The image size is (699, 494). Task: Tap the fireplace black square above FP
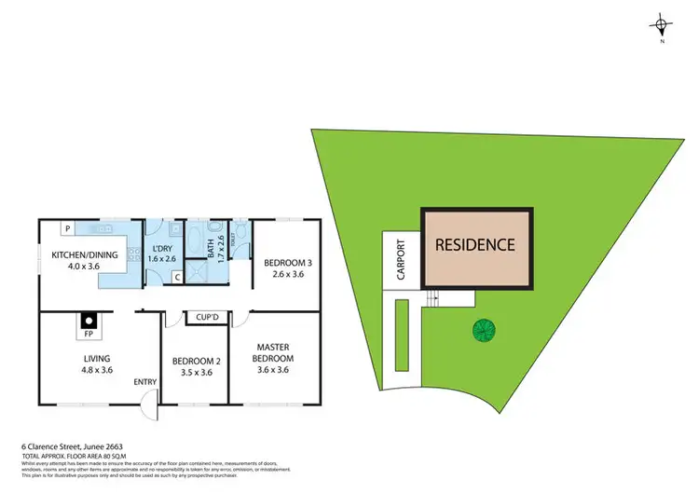88,318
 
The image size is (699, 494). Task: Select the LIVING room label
97,358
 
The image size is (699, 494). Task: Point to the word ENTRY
145,381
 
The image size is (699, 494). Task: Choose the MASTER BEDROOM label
275,352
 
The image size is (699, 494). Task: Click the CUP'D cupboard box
207,318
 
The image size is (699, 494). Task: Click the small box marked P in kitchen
68,227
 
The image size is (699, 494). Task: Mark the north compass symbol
661,25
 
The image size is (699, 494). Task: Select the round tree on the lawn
483,330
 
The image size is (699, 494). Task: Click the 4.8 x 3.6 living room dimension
97,369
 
